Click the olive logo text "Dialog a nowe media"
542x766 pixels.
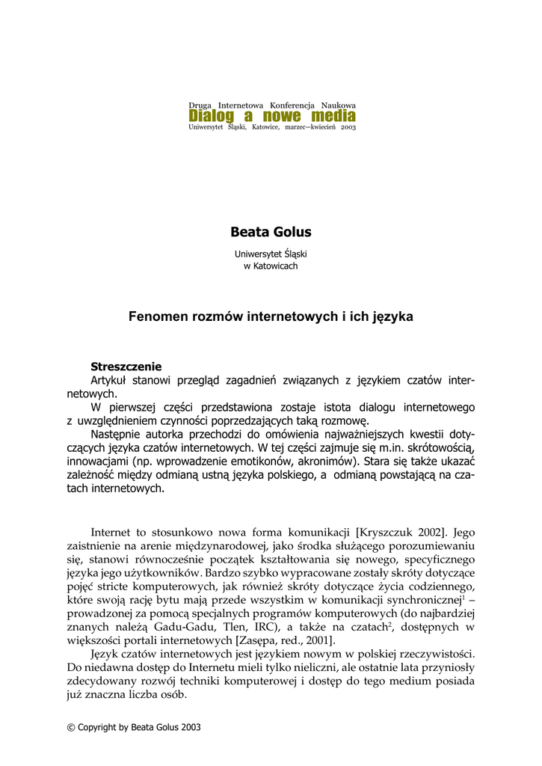[x=272, y=116]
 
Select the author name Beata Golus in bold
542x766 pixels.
[x=271, y=232]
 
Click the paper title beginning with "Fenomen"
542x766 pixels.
[x=271, y=316]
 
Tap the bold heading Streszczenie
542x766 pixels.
[x=126, y=367]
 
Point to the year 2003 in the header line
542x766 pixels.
[x=348, y=128]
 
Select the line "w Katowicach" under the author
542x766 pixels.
[x=271, y=266]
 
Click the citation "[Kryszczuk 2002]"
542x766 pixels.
[x=402, y=533]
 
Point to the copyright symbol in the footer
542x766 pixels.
[x=71, y=726]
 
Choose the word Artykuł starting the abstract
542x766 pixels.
[x=110, y=380]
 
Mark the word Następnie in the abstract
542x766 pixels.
[x=116, y=434]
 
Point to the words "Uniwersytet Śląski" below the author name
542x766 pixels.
[x=271, y=254]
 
